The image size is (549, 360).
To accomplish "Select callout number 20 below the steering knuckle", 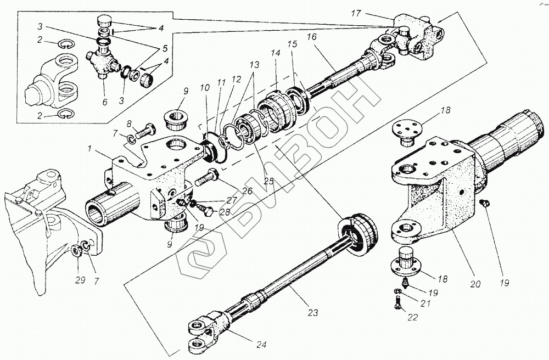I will pos(475,284).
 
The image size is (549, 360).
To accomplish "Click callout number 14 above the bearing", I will pos(274,54).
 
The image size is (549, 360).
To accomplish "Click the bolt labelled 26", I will pos(206,178).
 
